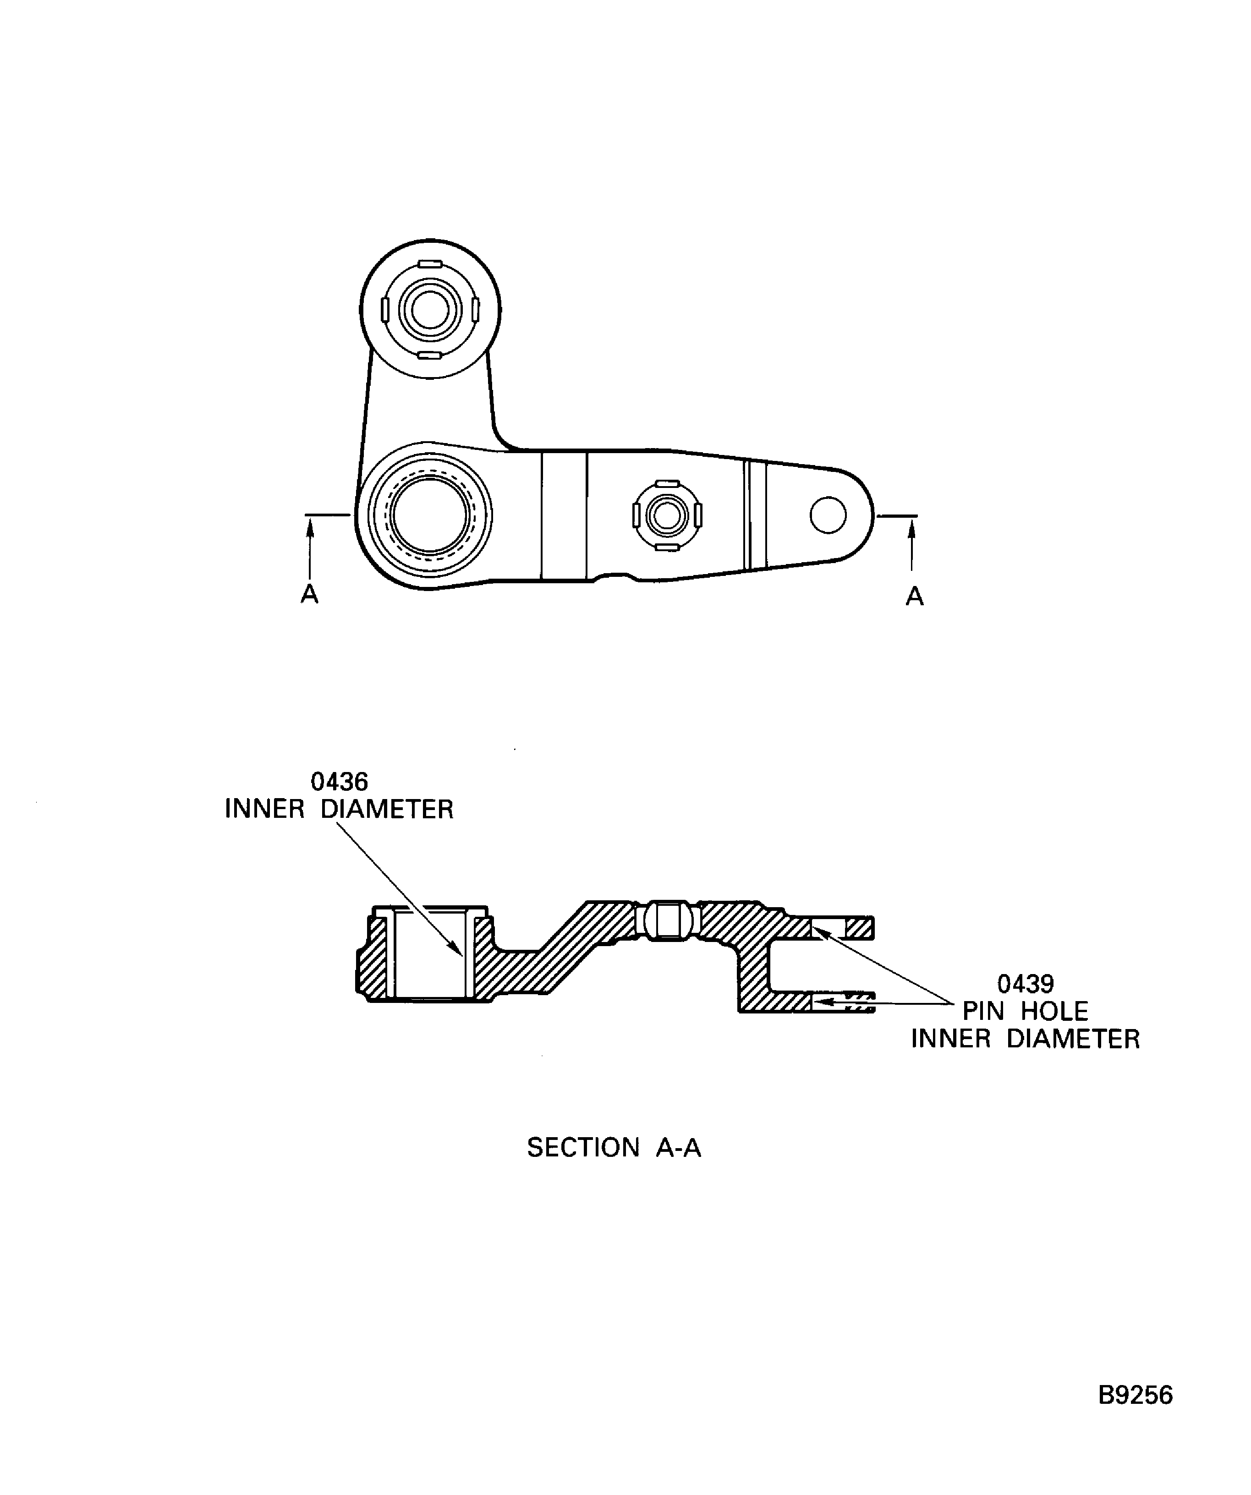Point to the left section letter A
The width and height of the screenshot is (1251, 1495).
point(309,594)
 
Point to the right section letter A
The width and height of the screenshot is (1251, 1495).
point(914,596)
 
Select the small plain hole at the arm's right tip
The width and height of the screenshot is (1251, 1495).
point(828,515)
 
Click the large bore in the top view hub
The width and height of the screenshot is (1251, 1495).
point(429,515)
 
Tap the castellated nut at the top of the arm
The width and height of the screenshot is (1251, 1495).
point(430,310)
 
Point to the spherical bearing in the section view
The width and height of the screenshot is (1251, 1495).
point(667,920)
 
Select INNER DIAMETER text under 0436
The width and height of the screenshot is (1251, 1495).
point(339,810)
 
